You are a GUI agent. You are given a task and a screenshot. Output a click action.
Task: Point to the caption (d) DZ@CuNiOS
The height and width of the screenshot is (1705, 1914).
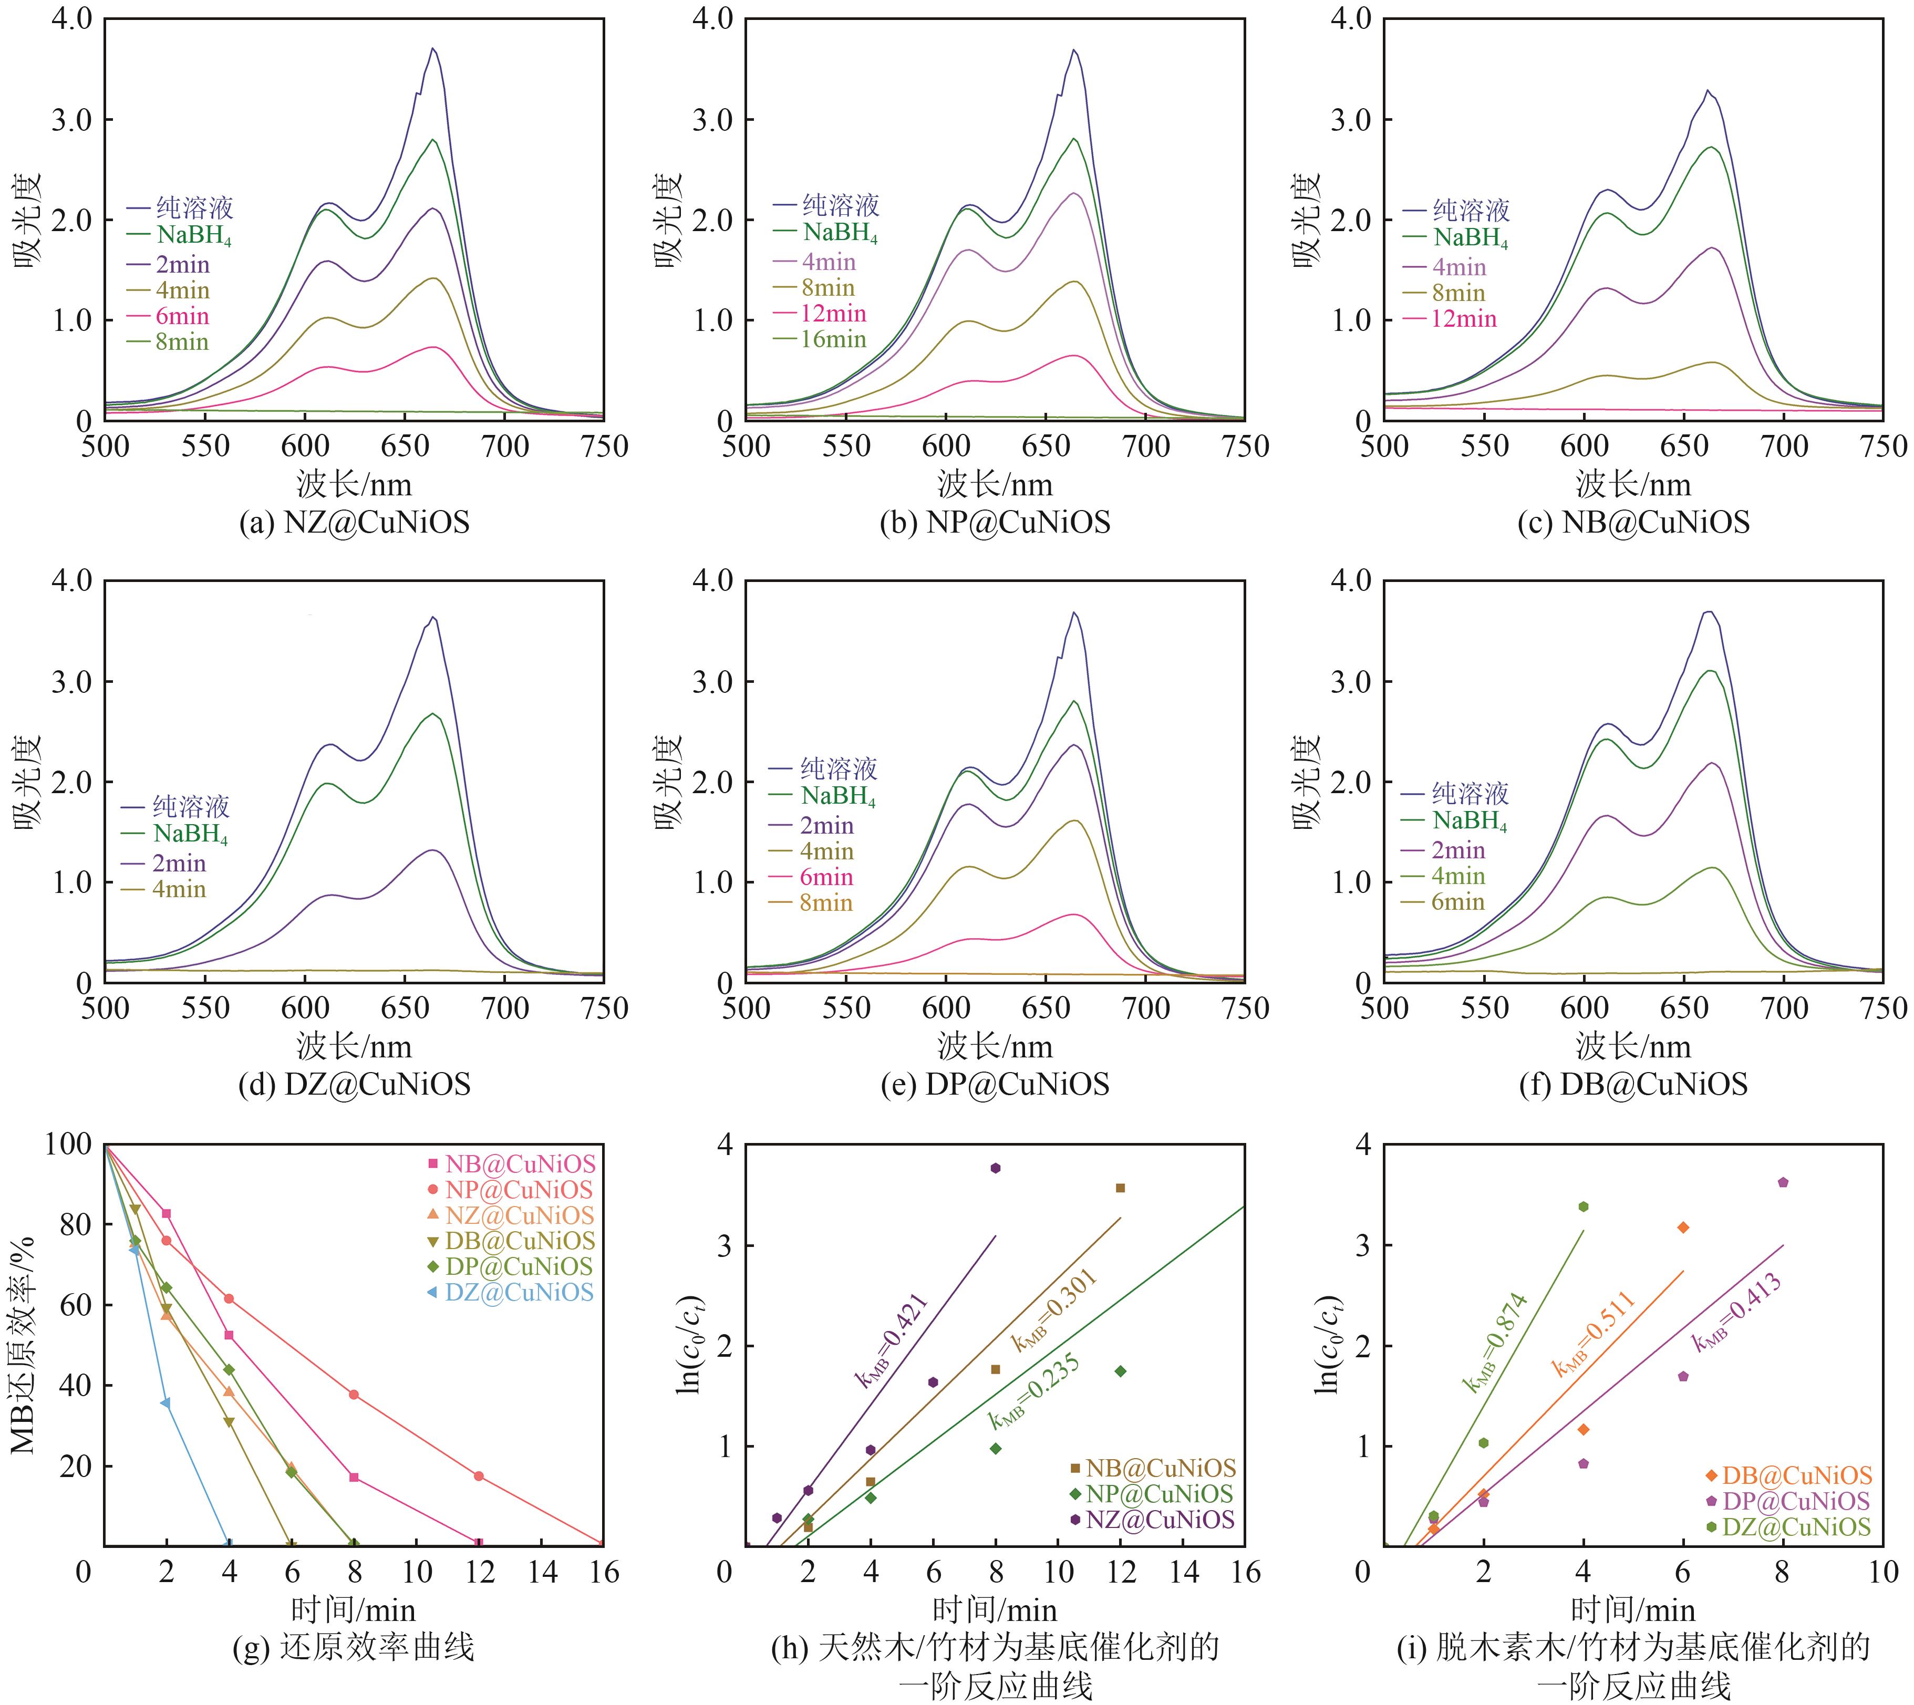point(354,1085)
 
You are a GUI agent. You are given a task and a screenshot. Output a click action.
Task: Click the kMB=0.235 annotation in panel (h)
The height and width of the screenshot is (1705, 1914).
point(1034,1393)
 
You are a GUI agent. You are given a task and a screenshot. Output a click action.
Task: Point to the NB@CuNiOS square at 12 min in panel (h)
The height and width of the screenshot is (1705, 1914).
point(1121,1188)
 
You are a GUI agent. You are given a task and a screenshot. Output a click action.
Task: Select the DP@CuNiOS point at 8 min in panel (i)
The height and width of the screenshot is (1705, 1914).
point(1783,1182)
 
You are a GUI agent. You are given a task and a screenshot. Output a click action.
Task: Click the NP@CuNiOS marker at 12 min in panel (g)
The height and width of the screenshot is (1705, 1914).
point(479,1477)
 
